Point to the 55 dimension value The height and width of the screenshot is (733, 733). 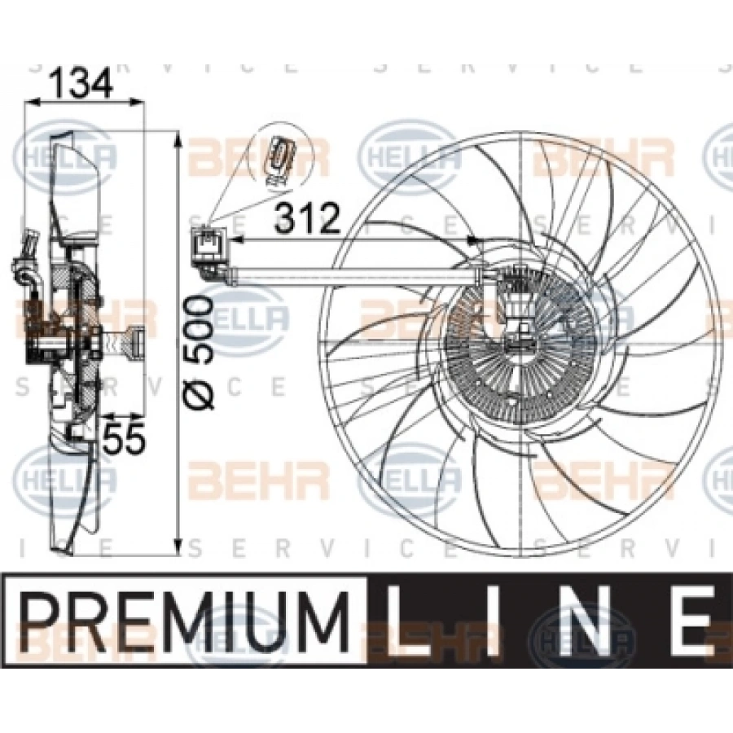click(x=126, y=438)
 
